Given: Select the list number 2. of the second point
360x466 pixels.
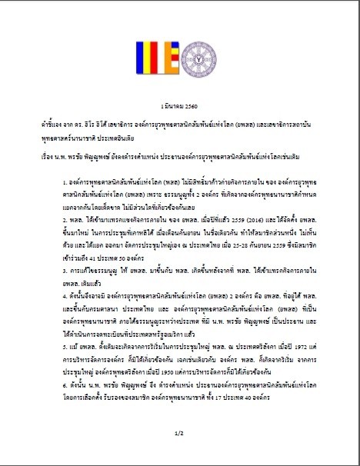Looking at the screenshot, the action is tap(66, 239).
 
